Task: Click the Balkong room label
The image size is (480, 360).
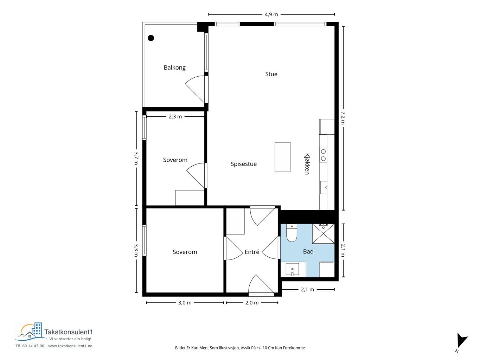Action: point(174,67)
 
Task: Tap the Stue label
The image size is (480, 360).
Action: point(271,74)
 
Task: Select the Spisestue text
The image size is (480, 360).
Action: point(244,164)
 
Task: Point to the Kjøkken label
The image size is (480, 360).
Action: point(307,164)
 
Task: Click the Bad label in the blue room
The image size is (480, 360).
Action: point(308,252)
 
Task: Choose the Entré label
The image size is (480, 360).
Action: point(252,252)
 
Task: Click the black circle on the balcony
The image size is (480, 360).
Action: point(151,38)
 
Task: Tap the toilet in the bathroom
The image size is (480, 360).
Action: point(292,233)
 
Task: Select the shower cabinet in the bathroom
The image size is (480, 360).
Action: point(323,233)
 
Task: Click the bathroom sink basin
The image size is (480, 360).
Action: point(292,269)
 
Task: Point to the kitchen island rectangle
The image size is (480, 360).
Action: point(282,157)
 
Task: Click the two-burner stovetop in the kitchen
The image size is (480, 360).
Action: point(323,155)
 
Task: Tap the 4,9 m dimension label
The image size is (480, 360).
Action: point(271,14)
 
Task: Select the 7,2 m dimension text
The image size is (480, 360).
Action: point(343,118)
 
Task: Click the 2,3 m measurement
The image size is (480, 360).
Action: point(175,117)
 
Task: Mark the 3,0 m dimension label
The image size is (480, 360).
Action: point(185,303)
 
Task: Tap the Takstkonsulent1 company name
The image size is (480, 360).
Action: point(69,332)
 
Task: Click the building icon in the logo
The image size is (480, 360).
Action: point(37,329)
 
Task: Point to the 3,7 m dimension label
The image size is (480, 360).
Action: point(136,158)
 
